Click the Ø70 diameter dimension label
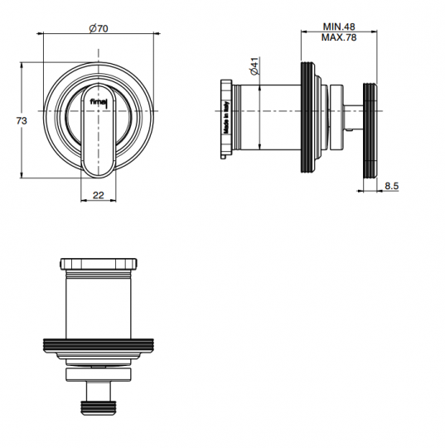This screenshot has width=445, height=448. pyautogui.click(x=99, y=28)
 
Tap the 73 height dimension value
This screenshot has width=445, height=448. pyautogui.click(x=22, y=121)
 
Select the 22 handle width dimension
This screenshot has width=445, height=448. pyautogui.click(x=99, y=195)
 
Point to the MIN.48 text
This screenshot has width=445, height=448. pyautogui.click(x=339, y=27)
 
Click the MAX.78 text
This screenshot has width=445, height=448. pyautogui.click(x=339, y=37)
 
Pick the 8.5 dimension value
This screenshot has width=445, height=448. pyautogui.click(x=391, y=186)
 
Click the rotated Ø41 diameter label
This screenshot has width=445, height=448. pyautogui.click(x=254, y=66)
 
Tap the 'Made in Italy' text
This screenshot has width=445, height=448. pyautogui.click(x=226, y=117)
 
